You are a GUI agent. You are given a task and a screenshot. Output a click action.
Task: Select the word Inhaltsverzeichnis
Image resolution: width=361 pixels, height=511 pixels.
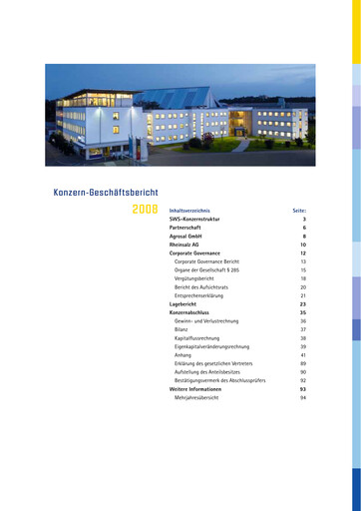189,211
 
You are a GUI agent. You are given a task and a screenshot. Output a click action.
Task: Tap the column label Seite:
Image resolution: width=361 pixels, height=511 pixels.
298,211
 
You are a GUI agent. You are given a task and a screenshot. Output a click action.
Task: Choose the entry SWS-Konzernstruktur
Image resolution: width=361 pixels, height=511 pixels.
194,219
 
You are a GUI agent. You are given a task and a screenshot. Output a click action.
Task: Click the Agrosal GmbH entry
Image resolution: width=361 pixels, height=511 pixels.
185,236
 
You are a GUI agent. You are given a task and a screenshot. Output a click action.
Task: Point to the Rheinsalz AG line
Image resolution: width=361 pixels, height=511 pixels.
184,245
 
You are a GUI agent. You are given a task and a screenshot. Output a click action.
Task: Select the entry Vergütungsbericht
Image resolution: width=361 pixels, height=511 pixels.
196,278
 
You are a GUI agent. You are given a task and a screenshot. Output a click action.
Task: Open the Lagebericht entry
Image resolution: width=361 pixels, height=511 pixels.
182,304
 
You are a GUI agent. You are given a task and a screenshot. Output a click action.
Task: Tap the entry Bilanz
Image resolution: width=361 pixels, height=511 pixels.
180,329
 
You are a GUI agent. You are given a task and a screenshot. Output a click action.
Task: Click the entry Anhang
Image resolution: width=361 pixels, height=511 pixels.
182,355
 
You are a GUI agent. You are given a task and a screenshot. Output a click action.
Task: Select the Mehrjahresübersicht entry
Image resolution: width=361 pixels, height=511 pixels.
200,397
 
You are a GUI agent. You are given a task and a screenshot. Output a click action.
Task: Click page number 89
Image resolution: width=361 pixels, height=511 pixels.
302,363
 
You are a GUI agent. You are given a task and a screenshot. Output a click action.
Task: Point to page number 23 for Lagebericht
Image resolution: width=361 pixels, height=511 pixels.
302,304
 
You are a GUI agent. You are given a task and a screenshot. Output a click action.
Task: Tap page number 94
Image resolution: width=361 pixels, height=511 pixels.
302,397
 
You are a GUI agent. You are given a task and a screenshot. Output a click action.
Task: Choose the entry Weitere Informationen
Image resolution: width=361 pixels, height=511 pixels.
195,389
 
